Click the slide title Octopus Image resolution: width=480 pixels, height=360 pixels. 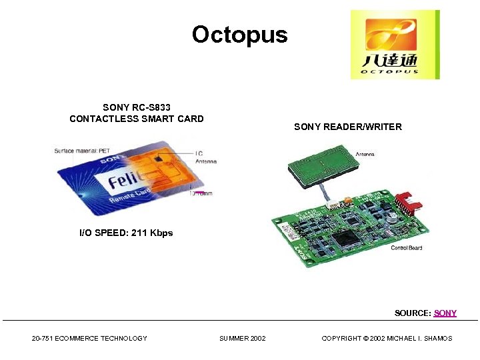coord(239,35)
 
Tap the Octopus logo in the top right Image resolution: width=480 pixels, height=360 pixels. coord(395,45)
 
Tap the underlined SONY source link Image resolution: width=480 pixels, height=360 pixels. coord(445,313)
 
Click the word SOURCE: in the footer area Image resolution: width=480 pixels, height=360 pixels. coord(413,313)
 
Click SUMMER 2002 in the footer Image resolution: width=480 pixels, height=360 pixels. coord(242,339)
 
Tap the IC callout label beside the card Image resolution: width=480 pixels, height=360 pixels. coord(199,153)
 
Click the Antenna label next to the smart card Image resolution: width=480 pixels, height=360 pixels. coord(205,161)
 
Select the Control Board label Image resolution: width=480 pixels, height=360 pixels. coord(406,248)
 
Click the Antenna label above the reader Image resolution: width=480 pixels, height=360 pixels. coord(365,154)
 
